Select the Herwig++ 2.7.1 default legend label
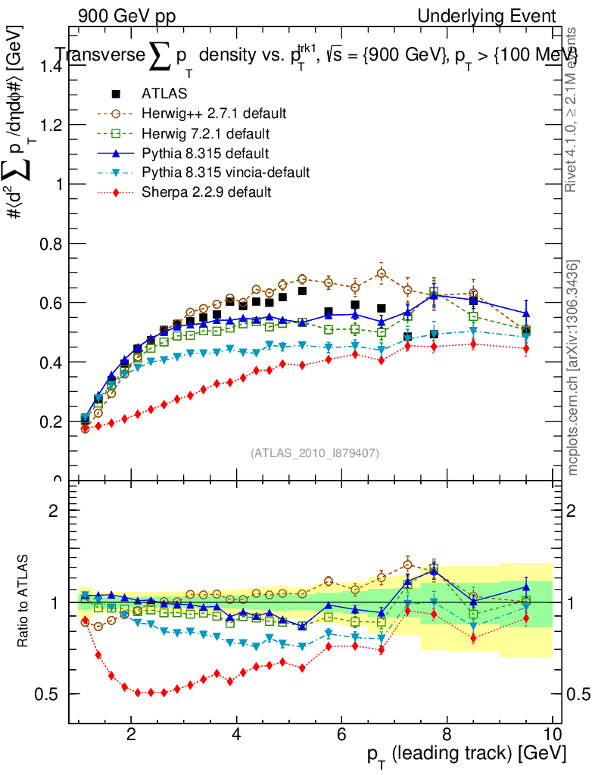pyautogui.click(x=213, y=114)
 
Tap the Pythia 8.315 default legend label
pyautogui.click(x=205, y=153)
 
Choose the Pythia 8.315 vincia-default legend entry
pyautogui.click(x=226, y=173)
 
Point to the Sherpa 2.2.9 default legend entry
pyautogui.click(x=207, y=192)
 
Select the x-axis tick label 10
pyautogui.click(x=552, y=734)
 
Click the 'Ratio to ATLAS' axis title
pyautogui.click(x=24, y=602)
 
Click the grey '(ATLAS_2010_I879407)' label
pyautogui.click(x=315, y=453)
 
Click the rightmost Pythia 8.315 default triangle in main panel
pyautogui.click(x=526, y=313)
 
